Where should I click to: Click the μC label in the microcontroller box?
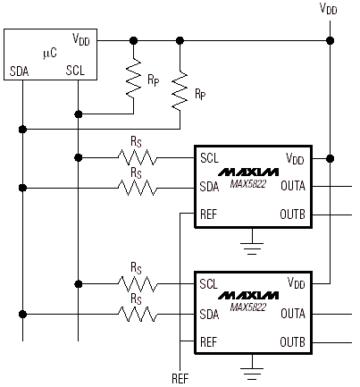click(50, 54)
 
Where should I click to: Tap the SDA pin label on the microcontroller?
click(20, 72)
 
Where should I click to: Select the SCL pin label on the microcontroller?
click(75, 71)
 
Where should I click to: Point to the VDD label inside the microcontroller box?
click(81, 39)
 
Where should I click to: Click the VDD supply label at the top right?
click(329, 8)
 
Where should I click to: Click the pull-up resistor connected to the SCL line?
click(133, 78)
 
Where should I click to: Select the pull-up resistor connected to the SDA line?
click(180, 90)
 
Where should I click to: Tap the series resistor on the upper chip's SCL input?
click(137, 157)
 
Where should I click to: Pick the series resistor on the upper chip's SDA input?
click(137, 188)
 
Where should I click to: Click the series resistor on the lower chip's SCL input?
click(137, 284)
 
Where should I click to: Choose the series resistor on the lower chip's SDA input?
click(137, 315)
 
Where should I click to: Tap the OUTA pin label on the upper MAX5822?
click(293, 186)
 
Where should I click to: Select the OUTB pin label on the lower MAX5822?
click(292, 342)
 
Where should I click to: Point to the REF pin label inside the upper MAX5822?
click(209, 215)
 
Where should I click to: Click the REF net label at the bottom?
click(180, 379)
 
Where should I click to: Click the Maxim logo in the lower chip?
click(248, 296)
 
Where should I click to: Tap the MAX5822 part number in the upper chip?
click(248, 184)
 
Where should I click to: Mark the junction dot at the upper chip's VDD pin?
click(330, 158)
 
